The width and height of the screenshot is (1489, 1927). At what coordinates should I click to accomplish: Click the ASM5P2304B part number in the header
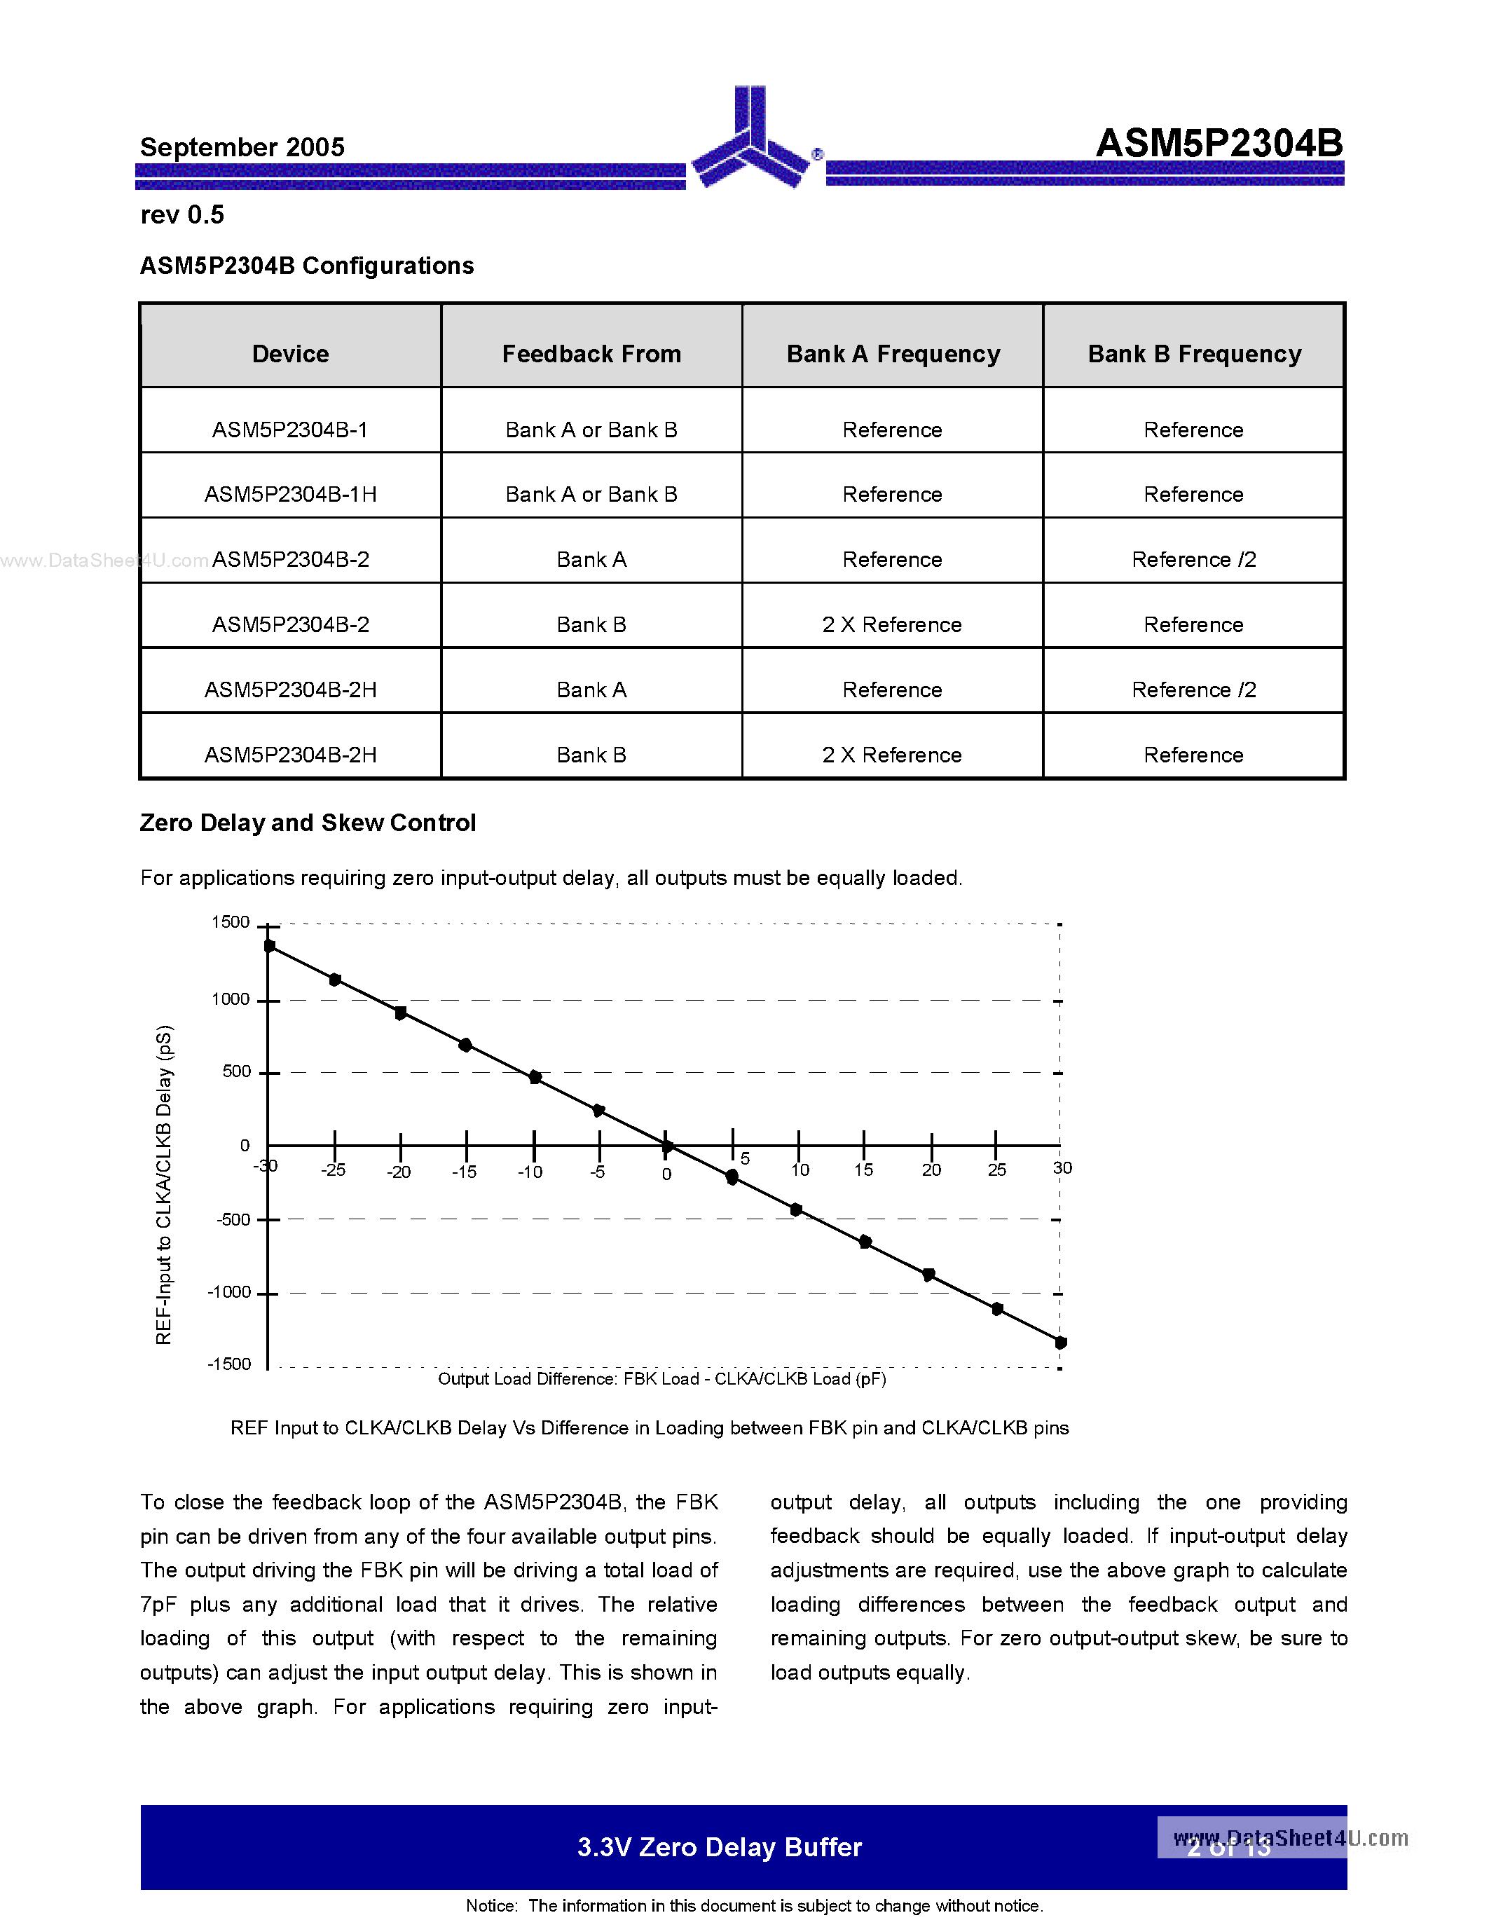click(1219, 143)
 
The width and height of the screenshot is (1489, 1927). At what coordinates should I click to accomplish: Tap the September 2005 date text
click(242, 147)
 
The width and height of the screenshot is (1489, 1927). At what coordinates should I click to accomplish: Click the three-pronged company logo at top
click(750, 141)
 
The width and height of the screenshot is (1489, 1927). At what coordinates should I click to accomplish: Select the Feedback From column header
click(591, 354)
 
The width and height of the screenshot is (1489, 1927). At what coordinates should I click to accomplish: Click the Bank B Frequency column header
click(1193, 354)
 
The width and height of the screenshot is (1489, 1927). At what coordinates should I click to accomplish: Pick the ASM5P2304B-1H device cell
click(290, 494)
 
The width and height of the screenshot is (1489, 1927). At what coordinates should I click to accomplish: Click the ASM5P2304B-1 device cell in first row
click(290, 430)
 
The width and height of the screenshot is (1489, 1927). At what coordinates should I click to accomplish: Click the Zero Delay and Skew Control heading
click(308, 823)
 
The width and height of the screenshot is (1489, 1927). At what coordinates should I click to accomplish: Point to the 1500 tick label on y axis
click(231, 922)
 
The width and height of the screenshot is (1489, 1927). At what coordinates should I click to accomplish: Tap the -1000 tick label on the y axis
click(229, 1291)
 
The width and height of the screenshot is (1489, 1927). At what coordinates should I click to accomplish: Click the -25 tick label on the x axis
click(334, 1170)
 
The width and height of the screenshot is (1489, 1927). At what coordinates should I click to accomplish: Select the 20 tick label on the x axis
click(931, 1170)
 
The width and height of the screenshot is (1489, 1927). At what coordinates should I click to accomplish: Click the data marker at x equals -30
click(270, 946)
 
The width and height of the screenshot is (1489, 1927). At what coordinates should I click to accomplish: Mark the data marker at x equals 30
click(1061, 1342)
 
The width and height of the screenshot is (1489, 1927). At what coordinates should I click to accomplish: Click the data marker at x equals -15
click(465, 1045)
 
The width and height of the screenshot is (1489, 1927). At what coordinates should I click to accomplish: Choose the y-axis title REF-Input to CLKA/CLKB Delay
click(164, 1184)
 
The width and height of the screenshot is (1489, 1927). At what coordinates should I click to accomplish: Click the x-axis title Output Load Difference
click(661, 1379)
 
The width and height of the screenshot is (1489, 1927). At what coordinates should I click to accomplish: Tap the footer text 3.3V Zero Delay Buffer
click(719, 1846)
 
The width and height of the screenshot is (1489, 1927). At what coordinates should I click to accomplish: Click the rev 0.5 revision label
click(183, 214)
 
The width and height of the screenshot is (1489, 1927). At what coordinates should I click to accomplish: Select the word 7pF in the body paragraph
click(159, 1604)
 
